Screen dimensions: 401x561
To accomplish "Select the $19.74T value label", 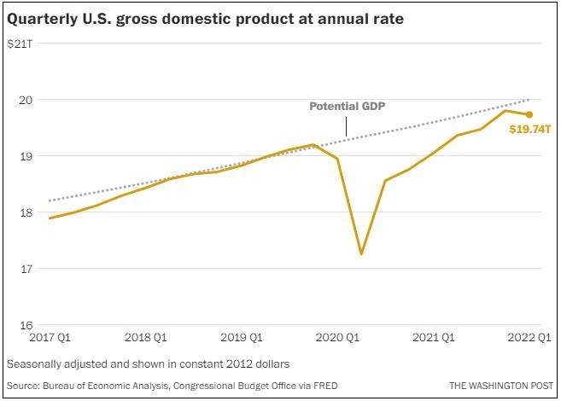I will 529,131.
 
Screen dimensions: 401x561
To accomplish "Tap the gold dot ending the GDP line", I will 529,114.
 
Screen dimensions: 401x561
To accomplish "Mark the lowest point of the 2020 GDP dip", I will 361,253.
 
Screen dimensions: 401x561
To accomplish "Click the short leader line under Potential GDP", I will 346,125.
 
